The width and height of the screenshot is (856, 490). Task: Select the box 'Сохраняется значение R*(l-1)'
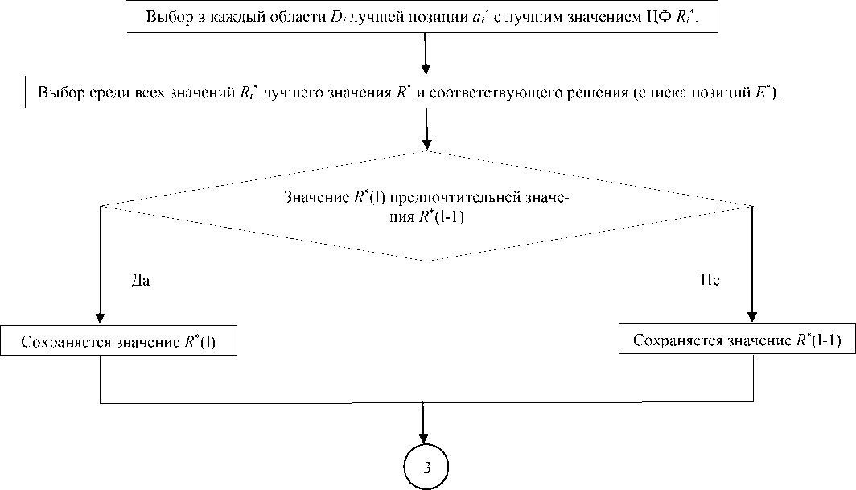[737, 340]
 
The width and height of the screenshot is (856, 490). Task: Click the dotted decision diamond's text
[426, 207]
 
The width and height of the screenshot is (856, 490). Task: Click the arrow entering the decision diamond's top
[425, 129]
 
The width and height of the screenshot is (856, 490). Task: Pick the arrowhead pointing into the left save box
[101, 316]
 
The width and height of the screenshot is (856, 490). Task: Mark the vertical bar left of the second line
[25, 91]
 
